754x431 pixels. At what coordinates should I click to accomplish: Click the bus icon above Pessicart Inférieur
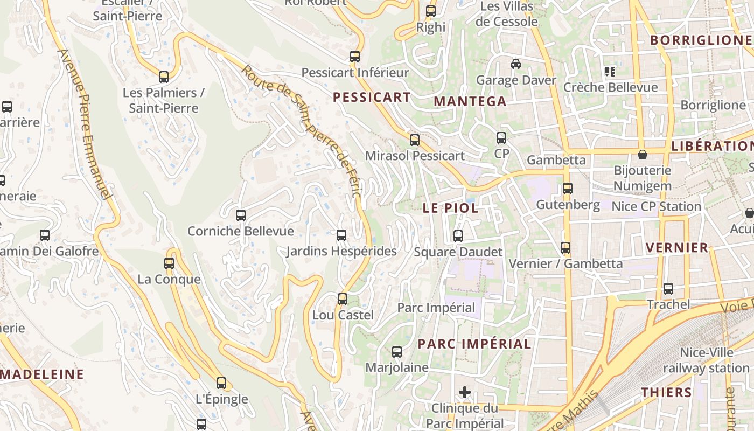click(x=354, y=57)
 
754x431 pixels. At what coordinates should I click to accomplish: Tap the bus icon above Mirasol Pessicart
click(x=414, y=140)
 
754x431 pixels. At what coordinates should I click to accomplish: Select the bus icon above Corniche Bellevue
click(x=241, y=215)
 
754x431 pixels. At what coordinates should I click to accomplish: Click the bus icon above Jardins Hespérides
click(x=341, y=235)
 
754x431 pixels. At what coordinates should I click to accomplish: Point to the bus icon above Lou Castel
click(x=343, y=299)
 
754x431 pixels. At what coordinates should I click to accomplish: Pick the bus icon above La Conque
click(x=169, y=263)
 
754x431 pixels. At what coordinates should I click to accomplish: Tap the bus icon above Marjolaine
click(x=397, y=352)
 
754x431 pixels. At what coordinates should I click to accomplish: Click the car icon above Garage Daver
click(x=516, y=64)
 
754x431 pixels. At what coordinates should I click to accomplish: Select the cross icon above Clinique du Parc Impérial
click(x=465, y=392)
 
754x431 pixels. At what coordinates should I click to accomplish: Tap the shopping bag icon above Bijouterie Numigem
click(x=643, y=155)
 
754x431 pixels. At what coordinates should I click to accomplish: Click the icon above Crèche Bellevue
click(x=610, y=71)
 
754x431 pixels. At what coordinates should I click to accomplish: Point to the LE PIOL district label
click(x=450, y=208)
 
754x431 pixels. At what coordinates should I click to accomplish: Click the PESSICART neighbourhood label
click(x=372, y=98)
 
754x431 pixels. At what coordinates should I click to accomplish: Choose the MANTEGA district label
click(x=470, y=101)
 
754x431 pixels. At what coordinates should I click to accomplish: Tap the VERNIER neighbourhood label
click(x=677, y=248)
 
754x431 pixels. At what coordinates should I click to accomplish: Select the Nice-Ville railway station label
click(x=706, y=361)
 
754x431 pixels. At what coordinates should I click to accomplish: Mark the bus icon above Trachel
click(x=668, y=289)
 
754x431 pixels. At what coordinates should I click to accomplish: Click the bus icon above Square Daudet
click(x=458, y=236)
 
